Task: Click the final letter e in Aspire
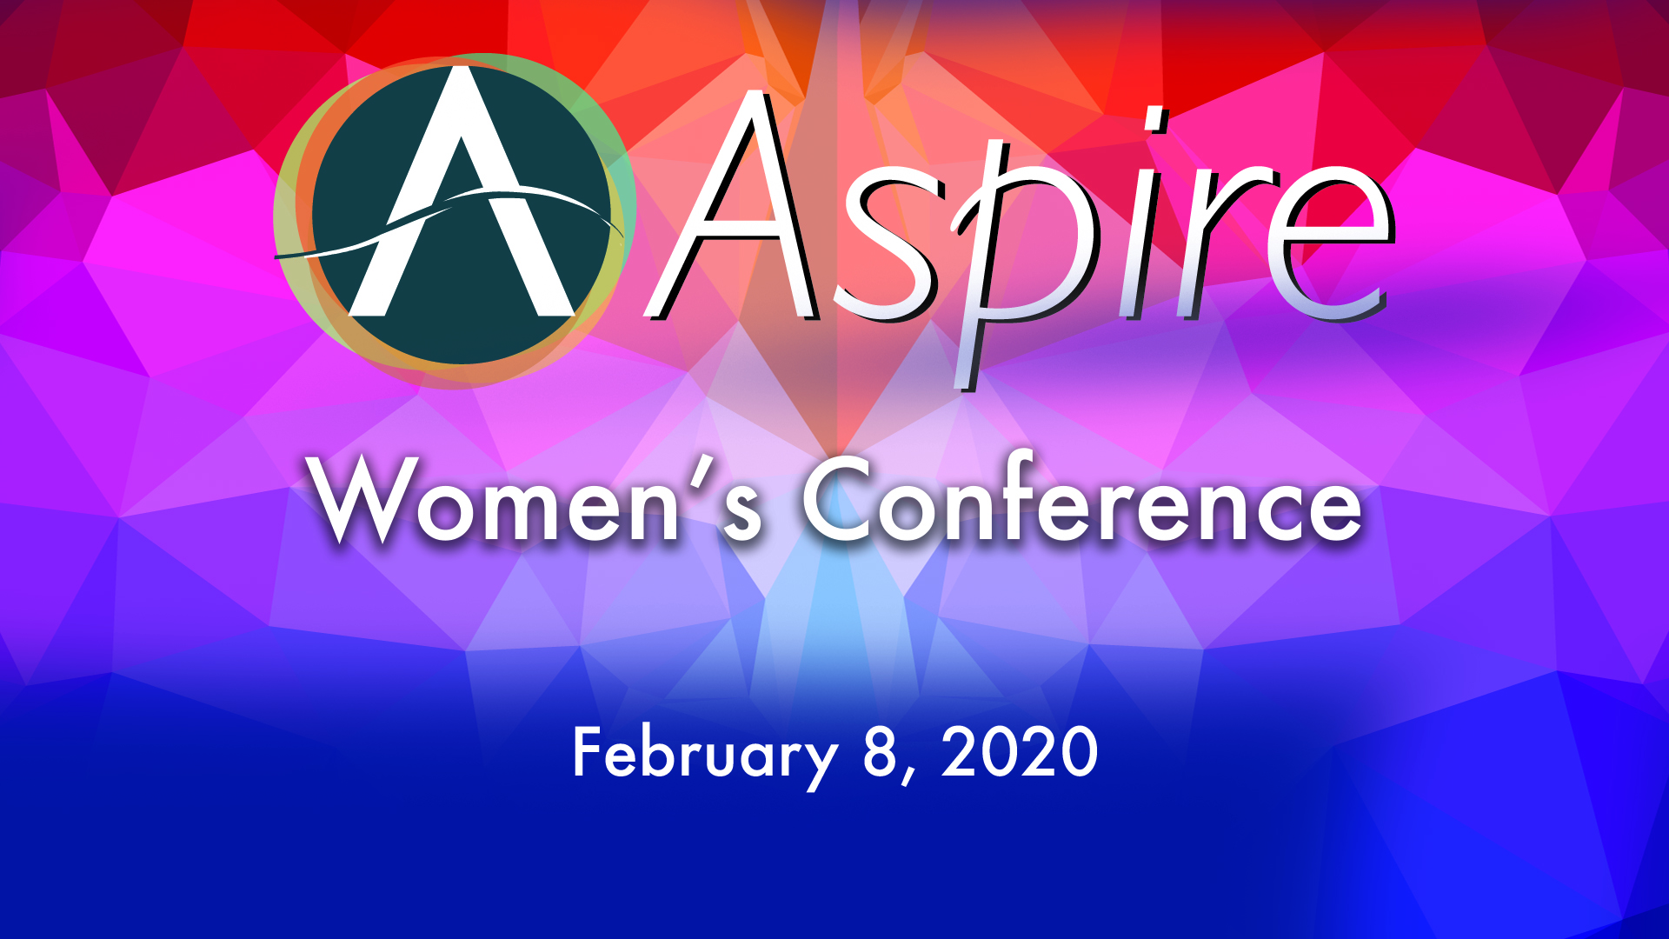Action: (x=1330, y=243)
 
